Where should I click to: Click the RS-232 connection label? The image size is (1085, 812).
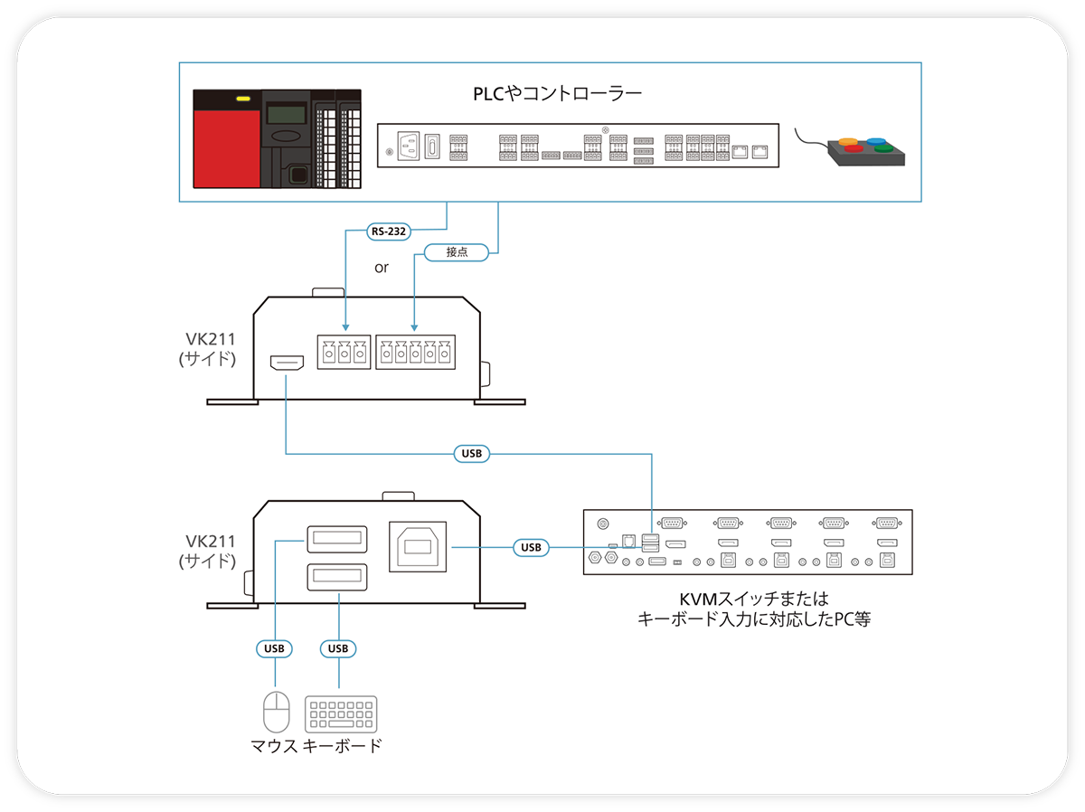click(x=389, y=231)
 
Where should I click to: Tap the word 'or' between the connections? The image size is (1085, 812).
click(x=382, y=269)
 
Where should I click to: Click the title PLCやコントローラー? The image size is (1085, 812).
click(x=557, y=94)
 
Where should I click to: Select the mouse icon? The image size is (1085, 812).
click(x=276, y=712)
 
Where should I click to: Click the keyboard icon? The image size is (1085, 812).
click(x=342, y=714)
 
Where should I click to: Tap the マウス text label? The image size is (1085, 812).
click(x=275, y=746)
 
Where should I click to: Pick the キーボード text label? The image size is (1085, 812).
click(x=341, y=746)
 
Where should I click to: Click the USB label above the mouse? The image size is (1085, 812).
click(x=274, y=648)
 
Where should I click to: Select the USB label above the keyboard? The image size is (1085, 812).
click(x=338, y=648)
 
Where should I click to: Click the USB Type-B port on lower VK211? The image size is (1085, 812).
click(x=420, y=546)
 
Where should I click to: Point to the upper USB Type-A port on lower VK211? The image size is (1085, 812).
click(x=337, y=540)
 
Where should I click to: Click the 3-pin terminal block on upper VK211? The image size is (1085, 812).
click(x=344, y=353)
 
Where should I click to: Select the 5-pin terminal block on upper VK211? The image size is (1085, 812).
click(x=415, y=353)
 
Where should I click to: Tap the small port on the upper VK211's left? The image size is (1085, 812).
click(x=285, y=363)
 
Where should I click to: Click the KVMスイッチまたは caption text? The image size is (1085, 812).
click(x=753, y=599)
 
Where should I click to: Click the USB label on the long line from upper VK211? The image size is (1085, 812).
click(x=471, y=453)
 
